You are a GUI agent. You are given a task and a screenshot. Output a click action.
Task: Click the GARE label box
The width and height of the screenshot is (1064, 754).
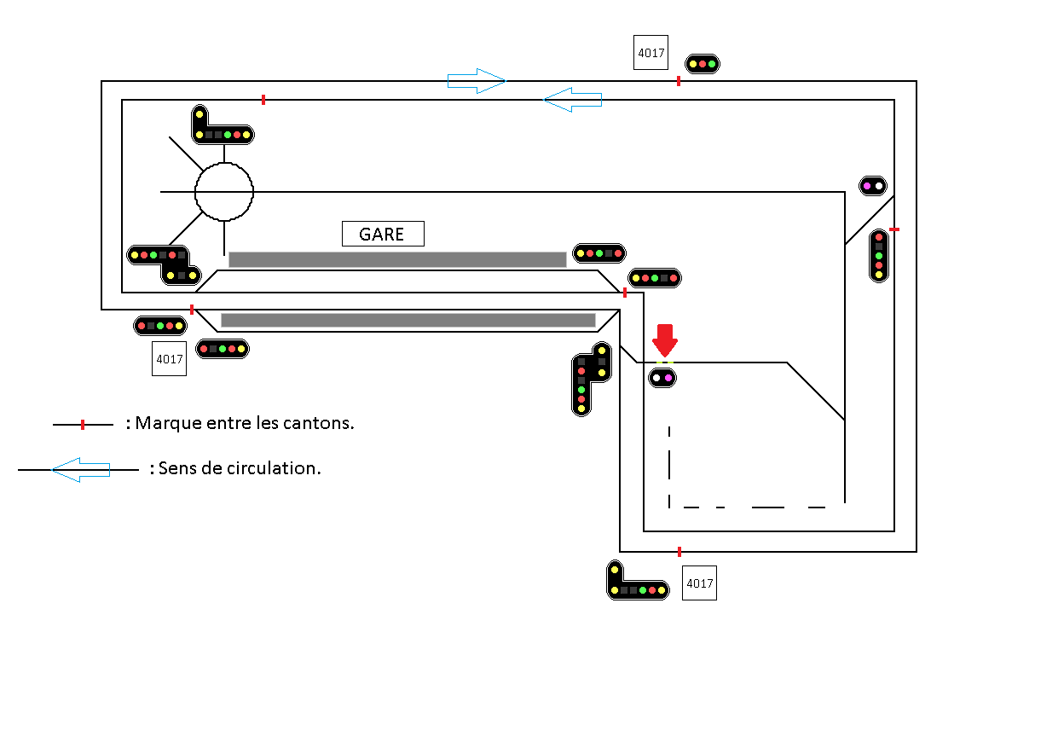383,234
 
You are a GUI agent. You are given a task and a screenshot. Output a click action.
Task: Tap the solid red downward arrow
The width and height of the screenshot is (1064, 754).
665,339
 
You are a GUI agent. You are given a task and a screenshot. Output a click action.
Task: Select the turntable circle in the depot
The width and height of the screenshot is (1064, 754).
224,192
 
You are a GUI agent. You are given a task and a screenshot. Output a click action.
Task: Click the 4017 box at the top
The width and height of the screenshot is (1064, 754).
651,53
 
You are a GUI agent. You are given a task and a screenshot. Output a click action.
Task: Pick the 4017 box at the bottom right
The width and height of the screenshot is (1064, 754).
699,583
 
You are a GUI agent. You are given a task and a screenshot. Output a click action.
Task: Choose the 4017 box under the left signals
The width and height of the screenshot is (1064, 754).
169,359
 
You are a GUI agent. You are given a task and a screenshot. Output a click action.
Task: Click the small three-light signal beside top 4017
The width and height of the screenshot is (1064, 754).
703,64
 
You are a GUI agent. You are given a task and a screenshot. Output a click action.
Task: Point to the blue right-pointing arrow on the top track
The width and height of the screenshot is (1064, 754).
477,81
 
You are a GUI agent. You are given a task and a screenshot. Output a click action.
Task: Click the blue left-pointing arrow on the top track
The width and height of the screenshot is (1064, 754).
573,100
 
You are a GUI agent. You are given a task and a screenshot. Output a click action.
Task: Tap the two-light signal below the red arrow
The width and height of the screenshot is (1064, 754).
662,377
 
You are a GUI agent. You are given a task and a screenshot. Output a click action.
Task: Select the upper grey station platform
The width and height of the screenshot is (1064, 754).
397,259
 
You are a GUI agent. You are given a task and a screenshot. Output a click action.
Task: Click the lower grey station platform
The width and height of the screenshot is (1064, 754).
408,321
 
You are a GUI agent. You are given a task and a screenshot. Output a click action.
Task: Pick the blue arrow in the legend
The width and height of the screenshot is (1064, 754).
81,469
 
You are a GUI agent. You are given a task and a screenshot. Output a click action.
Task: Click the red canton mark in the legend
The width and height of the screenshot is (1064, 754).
83,425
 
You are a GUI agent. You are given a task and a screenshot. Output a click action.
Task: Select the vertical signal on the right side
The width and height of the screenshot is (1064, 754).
879,255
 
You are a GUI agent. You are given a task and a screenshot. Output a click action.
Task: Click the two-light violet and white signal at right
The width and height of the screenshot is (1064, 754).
873,185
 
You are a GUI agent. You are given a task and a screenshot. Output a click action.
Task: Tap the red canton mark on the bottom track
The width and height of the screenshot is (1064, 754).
679,552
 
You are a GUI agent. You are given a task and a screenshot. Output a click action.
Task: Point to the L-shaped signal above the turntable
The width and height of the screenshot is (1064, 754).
222,127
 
